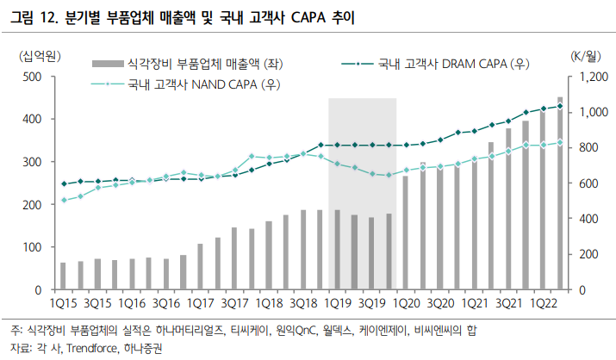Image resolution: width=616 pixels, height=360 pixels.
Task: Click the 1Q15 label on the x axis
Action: [63, 304]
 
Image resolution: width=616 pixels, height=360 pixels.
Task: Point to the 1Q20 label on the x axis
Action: [406, 304]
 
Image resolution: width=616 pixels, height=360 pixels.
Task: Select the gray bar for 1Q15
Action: [63, 276]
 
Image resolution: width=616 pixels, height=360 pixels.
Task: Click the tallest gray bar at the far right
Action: [561, 194]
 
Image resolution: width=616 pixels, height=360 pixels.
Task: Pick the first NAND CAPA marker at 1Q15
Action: [63, 201]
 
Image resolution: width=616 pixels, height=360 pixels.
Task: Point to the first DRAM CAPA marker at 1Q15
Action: [63, 183]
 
